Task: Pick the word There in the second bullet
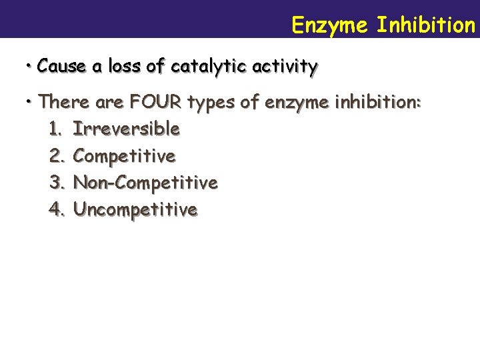click(x=62, y=103)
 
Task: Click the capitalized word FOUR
click(x=157, y=103)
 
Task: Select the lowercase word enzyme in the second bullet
click(x=297, y=103)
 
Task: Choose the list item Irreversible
click(x=126, y=128)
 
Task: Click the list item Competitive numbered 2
click(x=124, y=156)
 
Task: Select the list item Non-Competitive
click(x=145, y=182)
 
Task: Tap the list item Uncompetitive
click(x=135, y=209)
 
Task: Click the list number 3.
click(x=56, y=182)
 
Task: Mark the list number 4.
click(x=56, y=209)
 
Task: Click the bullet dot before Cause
click(x=30, y=66)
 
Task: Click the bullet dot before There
click(x=30, y=102)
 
